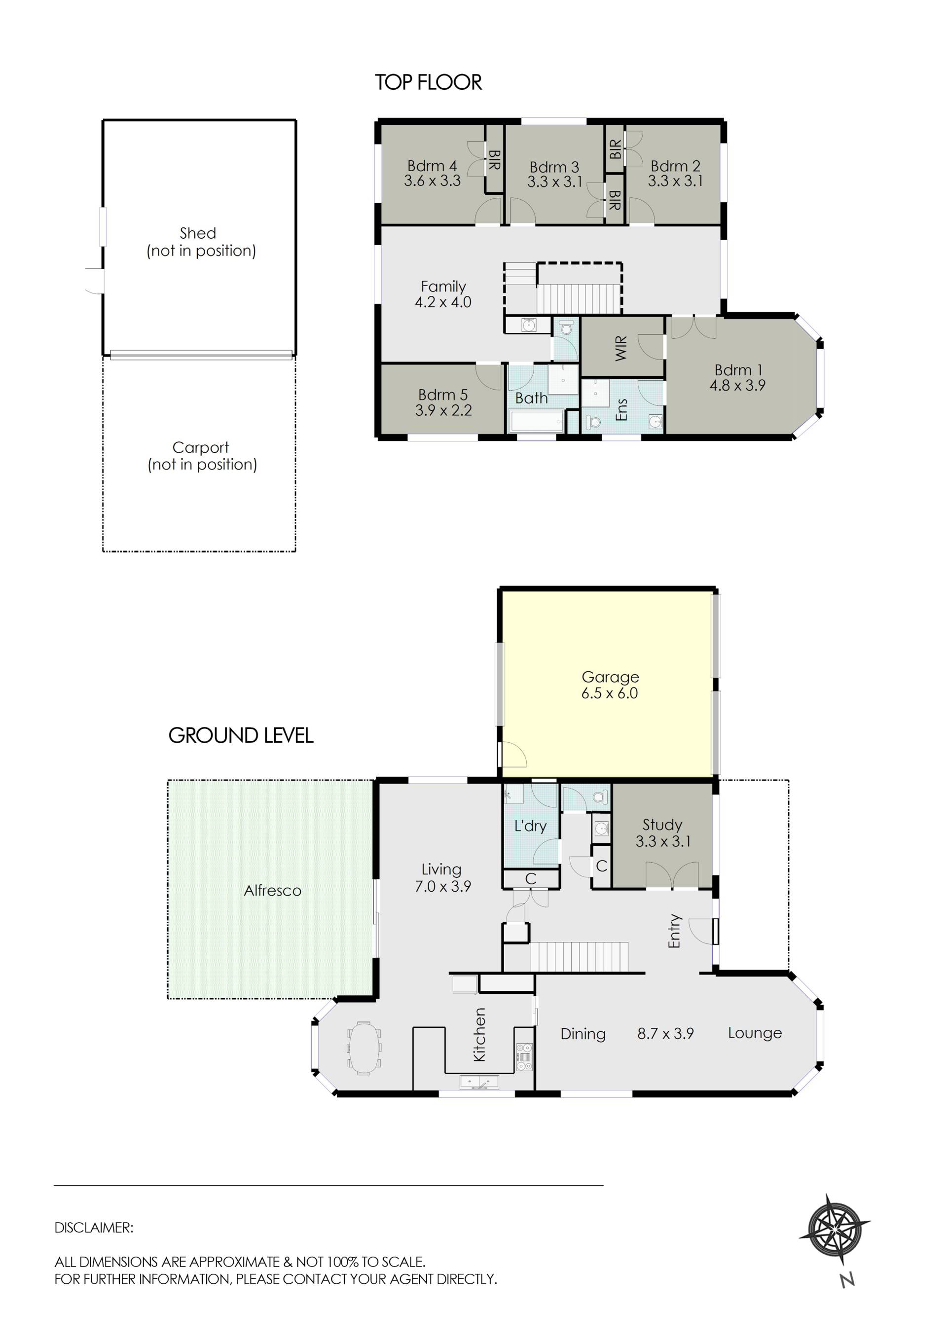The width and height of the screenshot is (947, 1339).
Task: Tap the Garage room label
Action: click(x=610, y=677)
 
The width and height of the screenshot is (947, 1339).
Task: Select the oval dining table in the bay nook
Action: click(x=364, y=1047)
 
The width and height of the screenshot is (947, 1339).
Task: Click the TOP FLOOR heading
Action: click(x=428, y=82)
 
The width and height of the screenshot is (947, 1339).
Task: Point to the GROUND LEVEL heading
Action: click(x=241, y=735)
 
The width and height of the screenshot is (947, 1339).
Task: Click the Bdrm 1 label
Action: click(x=738, y=370)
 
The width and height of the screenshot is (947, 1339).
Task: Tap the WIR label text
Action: click(x=621, y=348)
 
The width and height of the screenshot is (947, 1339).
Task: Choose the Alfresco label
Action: click(x=272, y=891)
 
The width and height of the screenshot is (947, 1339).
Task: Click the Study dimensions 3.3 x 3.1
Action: click(x=663, y=841)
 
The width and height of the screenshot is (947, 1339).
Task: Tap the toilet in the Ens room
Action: click(x=594, y=422)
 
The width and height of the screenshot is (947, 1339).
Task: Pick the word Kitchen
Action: click(x=479, y=1035)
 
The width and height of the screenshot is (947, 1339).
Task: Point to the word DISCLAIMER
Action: click(x=94, y=1228)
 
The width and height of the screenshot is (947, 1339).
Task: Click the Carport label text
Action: click(x=201, y=447)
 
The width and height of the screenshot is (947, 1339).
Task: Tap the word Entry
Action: click(x=675, y=931)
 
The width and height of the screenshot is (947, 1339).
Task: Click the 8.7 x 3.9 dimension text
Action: click(x=665, y=1034)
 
